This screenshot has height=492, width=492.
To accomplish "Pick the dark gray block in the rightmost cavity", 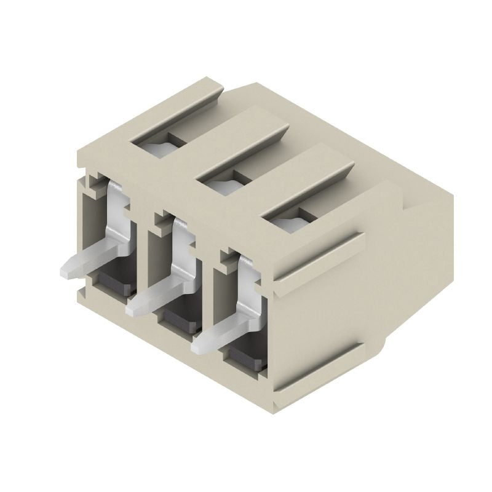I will (x=246, y=356).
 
